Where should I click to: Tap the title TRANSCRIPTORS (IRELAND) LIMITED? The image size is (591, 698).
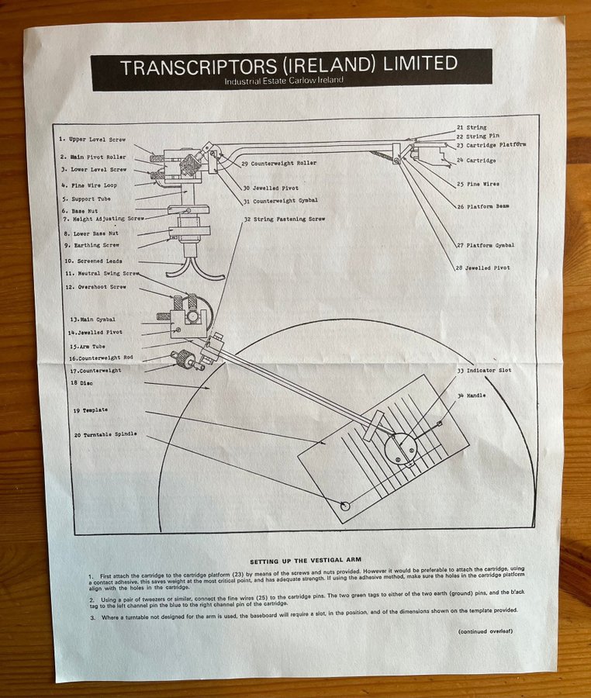(x=289, y=64)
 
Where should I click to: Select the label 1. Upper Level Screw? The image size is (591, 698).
(x=93, y=140)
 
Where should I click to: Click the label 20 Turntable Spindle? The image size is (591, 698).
(x=105, y=434)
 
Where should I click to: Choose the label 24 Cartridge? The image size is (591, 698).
(x=476, y=161)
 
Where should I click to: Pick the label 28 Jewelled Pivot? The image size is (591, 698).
(x=483, y=268)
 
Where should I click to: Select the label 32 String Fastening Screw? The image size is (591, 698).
(x=285, y=219)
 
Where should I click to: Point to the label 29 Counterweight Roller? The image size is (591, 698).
(x=278, y=164)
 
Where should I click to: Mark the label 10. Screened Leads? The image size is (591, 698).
(x=93, y=261)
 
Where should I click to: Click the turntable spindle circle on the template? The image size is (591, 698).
(x=346, y=506)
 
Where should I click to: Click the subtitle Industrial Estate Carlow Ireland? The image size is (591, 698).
(x=283, y=80)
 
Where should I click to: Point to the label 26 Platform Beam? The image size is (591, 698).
(x=482, y=207)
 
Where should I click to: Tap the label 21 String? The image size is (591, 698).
(x=471, y=126)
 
